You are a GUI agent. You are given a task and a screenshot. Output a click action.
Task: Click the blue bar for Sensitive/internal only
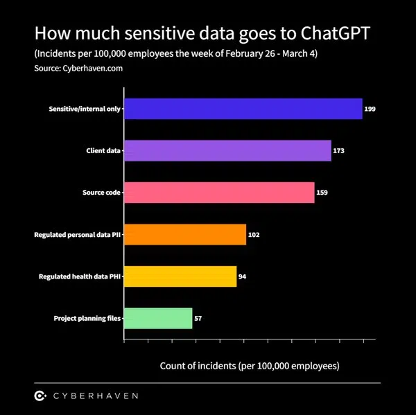(243, 109)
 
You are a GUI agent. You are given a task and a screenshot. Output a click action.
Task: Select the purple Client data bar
(227, 150)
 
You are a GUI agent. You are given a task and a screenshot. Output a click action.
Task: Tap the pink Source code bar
(219, 193)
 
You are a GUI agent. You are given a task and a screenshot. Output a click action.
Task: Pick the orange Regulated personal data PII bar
(185, 235)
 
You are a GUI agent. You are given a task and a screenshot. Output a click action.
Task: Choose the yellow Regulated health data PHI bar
(180, 276)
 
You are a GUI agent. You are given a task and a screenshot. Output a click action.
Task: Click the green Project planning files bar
(158, 319)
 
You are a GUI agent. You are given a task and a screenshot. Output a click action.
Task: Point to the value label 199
(370, 109)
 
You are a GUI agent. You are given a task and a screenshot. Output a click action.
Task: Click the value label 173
(339, 151)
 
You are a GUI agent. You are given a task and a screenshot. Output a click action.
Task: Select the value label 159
(322, 193)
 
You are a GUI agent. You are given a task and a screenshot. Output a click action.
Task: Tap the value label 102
(254, 235)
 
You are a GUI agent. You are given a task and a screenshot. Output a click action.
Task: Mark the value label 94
(242, 276)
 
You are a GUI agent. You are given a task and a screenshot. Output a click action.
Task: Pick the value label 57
(198, 319)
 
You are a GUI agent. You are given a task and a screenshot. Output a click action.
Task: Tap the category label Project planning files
(87, 319)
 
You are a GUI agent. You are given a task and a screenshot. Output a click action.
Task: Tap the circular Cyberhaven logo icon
(40, 396)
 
